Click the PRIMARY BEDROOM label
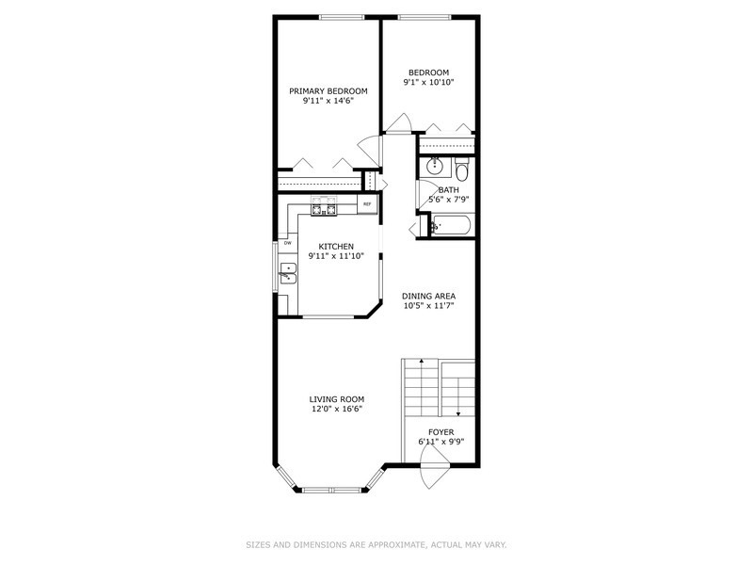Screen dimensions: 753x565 pyautogui.click(x=328, y=91)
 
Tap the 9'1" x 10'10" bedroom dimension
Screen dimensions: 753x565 pyautogui.click(x=428, y=82)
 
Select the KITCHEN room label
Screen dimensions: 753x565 pyautogui.click(x=336, y=247)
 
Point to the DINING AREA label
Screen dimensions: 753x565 pyautogui.click(x=428, y=296)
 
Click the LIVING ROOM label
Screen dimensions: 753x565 pyautogui.click(x=336, y=399)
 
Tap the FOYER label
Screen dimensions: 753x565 pyautogui.click(x=441, y=432)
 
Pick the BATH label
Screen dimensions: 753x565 pyautogui.click(x=449, y=190)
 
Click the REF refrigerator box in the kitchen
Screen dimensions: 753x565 pyautogui.click(x=367, y=204)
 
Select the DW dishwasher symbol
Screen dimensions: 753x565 pyautogui.click(x=288, y=243)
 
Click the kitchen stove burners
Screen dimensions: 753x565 pyautogui.click(x=324, y=206)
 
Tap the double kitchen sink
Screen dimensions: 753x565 pyautogui.click(x=288, y=274)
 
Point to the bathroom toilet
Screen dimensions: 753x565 pyautogui.click(x=462, y=169)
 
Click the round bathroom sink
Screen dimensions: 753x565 pyautogui.click(x=435, y=167)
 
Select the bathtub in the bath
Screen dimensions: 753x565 pyautogui.click(x=451, y=226)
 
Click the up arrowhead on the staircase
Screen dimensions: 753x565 pyautogui.click(x=421, y=361)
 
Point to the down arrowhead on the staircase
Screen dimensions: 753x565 pyautogui.click(x=458, y=413)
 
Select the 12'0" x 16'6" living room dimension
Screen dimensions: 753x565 pyautogui.click(x=336, y=410)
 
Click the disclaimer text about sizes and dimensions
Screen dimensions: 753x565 pyautogui.click(x=376, y=545)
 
